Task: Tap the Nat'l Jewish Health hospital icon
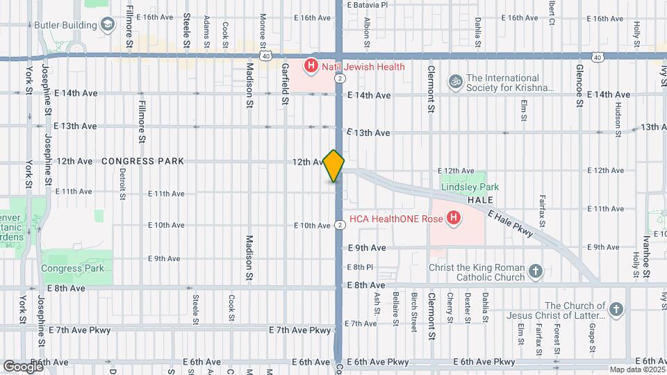coord(311,67)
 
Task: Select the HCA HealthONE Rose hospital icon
coord(454,219)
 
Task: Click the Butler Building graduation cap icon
coord(108,26)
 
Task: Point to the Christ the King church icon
coord(535,272)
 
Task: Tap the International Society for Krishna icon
coord(455,82)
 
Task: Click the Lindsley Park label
coord(470,187)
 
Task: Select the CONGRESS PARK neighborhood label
coord(142,161)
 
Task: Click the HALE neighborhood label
coord(480,200)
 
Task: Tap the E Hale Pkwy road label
coord(511,224)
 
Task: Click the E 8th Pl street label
coord(360,267)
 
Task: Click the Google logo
coord(23,366)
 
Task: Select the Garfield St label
coord(285,85)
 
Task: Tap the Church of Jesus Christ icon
coord(616,310)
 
